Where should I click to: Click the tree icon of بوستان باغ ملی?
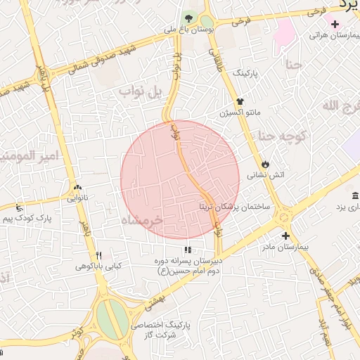click(x=188, y=18)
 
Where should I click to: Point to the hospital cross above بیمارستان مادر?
click(x=285, y=236)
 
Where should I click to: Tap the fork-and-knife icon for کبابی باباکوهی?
click(x=99, y=255)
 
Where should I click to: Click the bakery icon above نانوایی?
click(x=77, y=188)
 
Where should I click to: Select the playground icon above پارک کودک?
click(x=18, y=208)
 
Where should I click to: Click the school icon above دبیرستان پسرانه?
click(x=187, y=250)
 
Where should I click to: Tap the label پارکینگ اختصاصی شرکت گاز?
click(x=171, y=330)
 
